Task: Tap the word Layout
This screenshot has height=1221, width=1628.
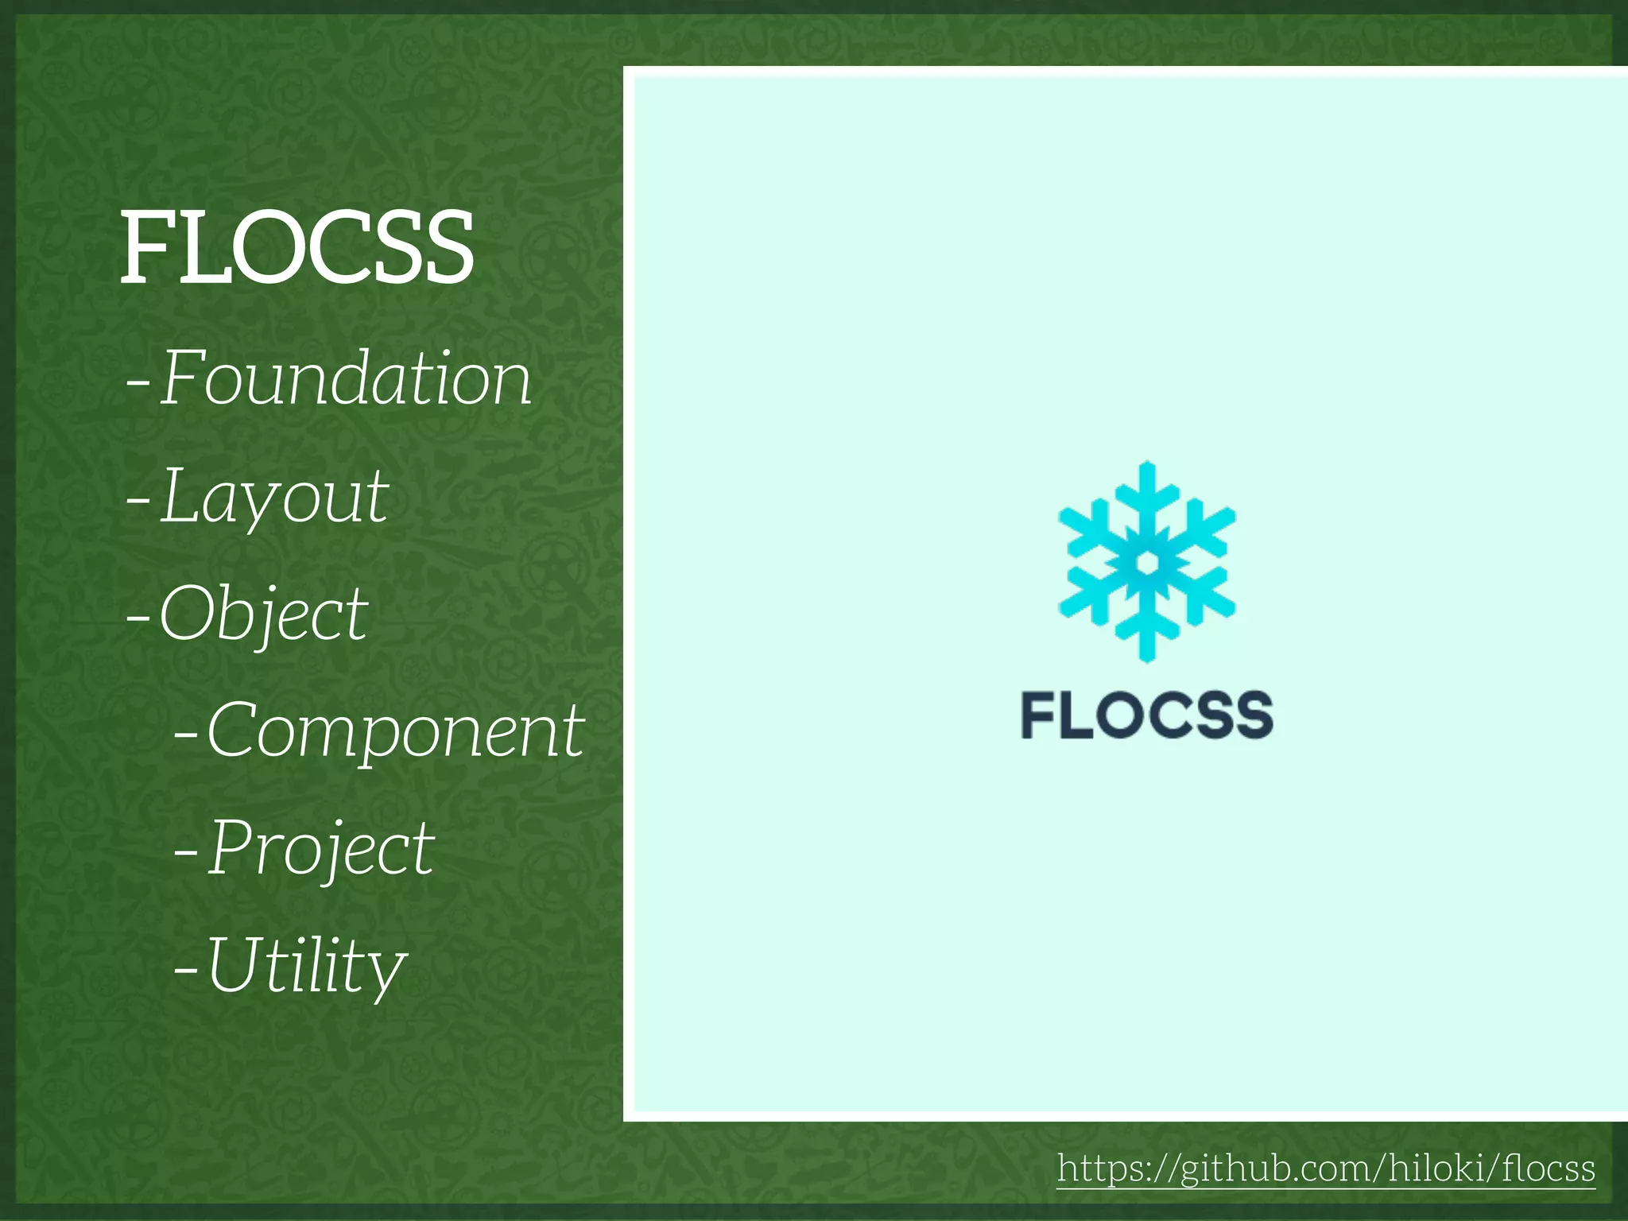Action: pyautogui.click(x=275, y=498)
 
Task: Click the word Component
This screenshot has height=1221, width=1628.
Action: pyautogui.click(x=395, y=732)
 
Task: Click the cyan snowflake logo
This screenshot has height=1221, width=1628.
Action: pyautogui.click(x=1146, y=561)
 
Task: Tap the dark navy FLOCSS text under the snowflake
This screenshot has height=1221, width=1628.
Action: pyautogui.click(x=1146, y=715)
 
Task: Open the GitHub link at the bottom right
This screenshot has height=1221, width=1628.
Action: pyautogui.click(x=1326, y=1169)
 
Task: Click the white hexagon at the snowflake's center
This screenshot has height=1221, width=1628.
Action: pyautogui.click(x=1146, y=562)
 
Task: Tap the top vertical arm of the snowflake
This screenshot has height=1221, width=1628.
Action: pyautogui.click(x=1146, y=493)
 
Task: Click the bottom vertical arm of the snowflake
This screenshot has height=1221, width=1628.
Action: pyautogui.click(x=1146, y=632)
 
